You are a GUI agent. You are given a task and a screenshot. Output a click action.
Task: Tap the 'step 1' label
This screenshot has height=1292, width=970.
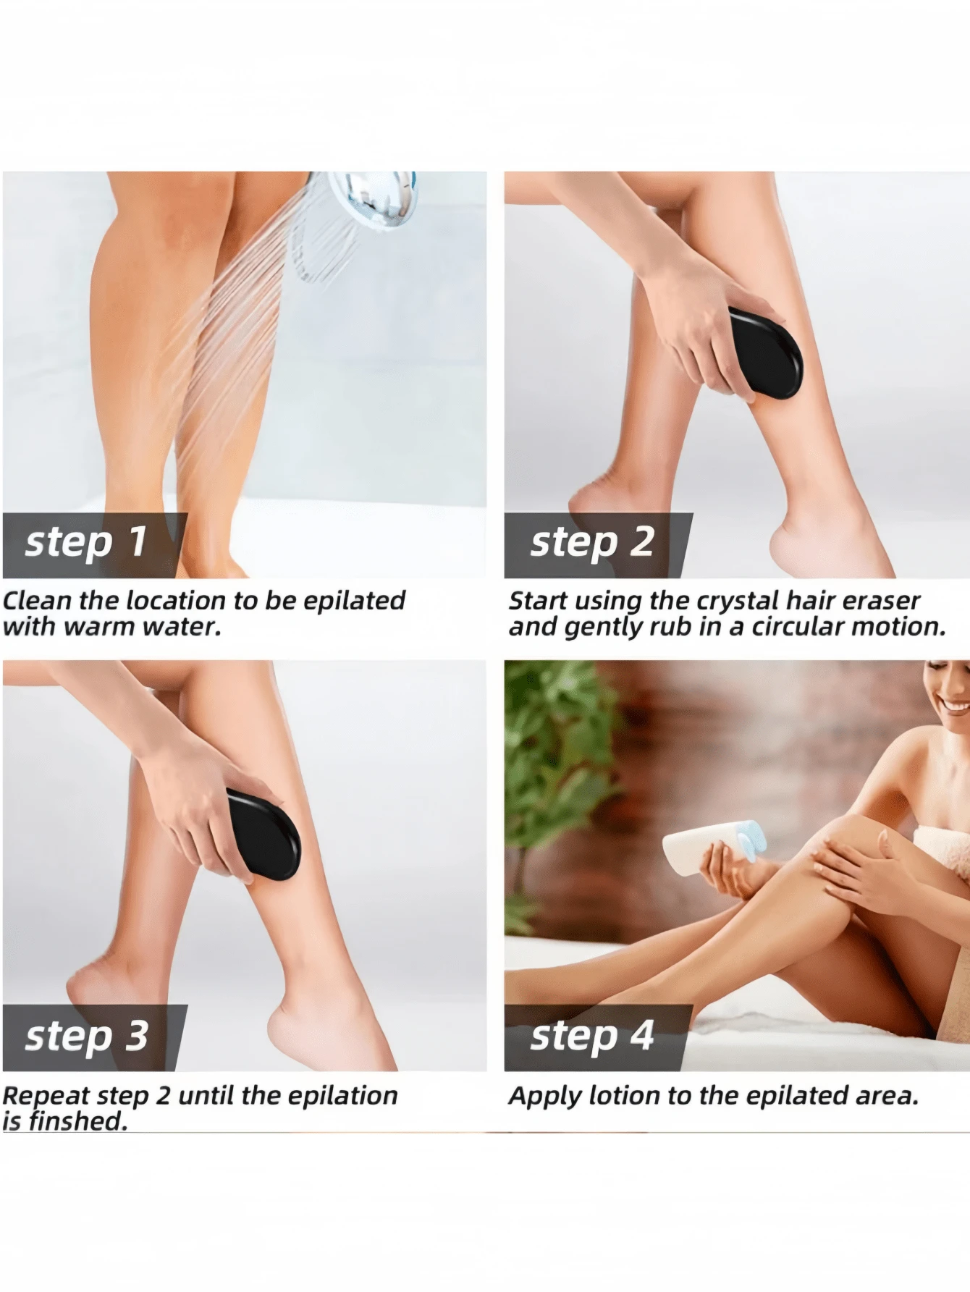point(87,543)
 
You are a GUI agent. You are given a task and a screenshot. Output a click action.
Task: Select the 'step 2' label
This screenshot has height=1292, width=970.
point(592,543)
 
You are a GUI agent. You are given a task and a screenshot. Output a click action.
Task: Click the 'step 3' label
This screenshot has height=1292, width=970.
point(87,1036)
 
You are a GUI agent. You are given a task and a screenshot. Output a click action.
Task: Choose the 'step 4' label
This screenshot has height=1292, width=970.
point(592,1036)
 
